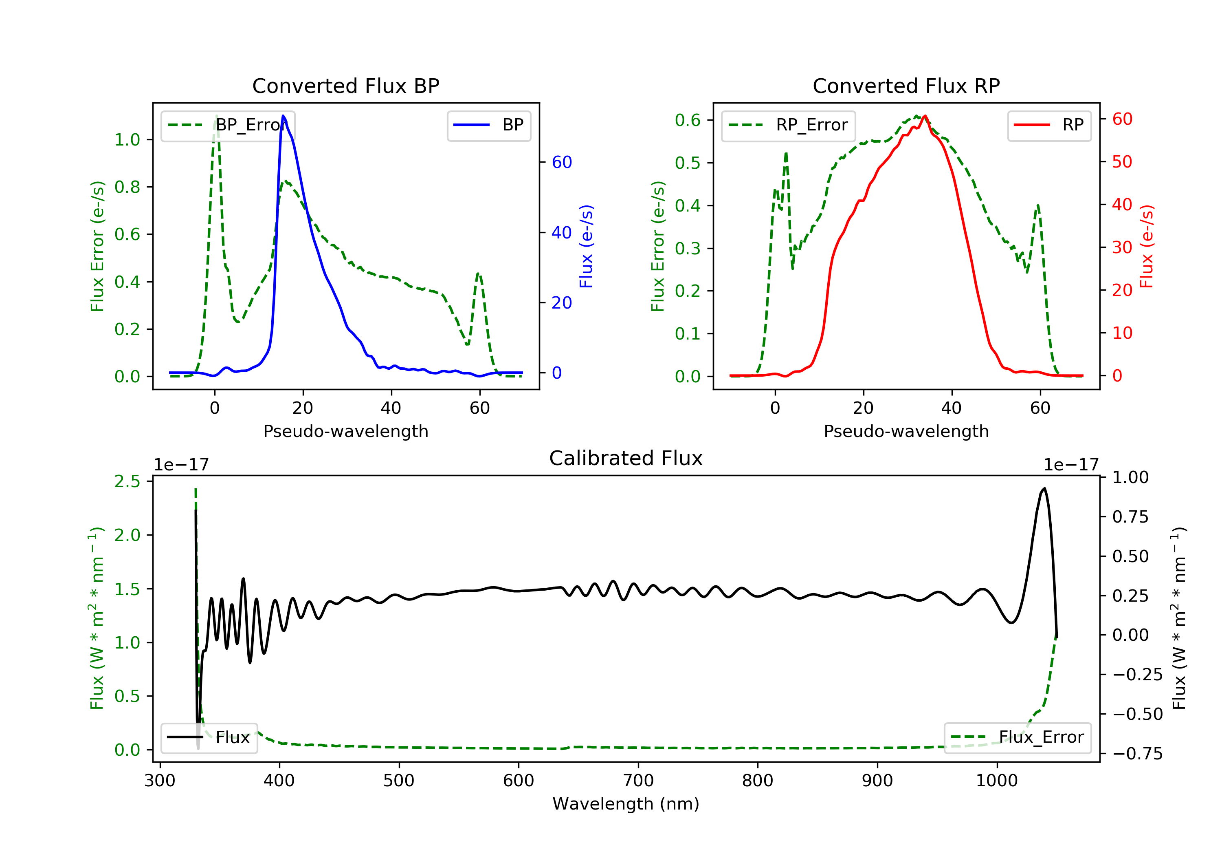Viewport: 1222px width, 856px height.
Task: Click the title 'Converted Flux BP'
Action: [x=346, y=86]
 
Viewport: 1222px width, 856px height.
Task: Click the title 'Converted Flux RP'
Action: [x=906, y=86]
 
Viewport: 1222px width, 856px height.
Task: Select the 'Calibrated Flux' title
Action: [x=626, y=458]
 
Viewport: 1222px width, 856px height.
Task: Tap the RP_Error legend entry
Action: [x=788, y=125]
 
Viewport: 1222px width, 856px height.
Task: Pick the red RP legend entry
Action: [x=1049, y=125]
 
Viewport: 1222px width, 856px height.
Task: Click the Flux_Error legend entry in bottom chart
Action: [x=1017, y=737]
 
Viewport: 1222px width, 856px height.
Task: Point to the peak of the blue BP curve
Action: [x=283, y=116]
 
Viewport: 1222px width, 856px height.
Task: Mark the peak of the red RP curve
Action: [x=925, y=116]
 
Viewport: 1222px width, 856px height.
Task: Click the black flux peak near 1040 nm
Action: [x=1044, y=488]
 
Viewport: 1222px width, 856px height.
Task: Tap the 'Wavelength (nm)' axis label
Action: [x=626, y=804]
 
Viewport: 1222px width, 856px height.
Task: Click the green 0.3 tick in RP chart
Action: [x=688, y=248]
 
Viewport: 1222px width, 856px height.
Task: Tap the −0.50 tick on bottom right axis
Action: [x=1137, y=714]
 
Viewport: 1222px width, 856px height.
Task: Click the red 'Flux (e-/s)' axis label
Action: [x=1146, y=246]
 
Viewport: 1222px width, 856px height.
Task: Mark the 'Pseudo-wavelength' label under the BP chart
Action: [x=346, y=431]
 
